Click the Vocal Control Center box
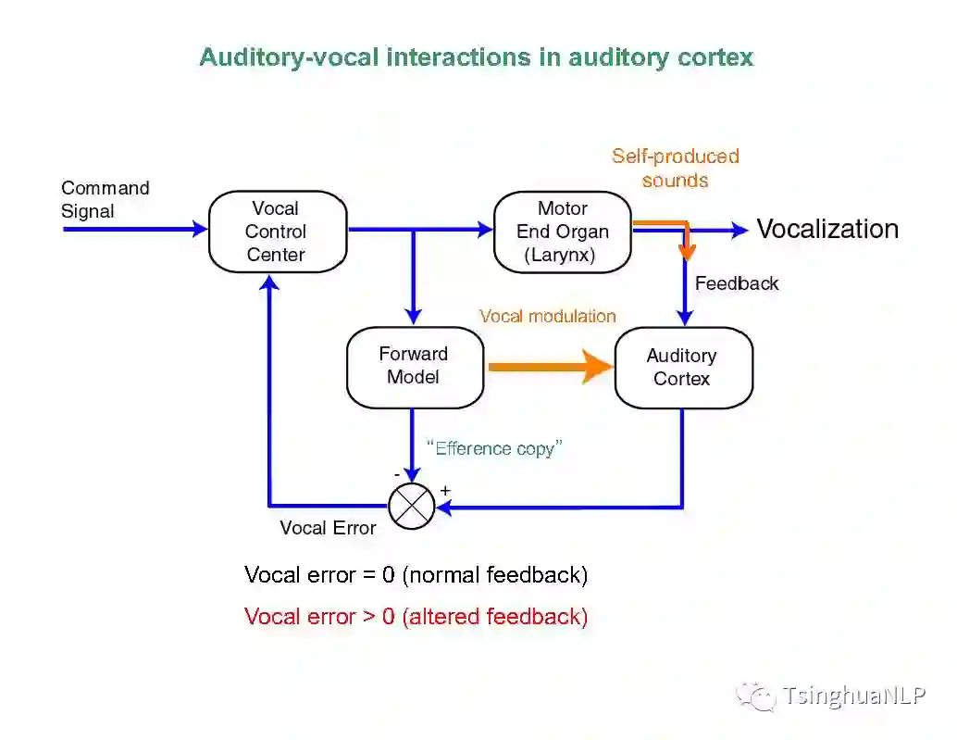pyautogui.click(x=277, y=232)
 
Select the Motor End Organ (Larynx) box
pyautogui.click(x=562, y=232)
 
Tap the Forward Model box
pyautogui.click(x=414, y=366)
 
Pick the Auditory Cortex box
pyautogui.click(x=682, y=367)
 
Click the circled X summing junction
pyautogui.click(x=411, y=506)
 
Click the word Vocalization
pyautogui.click(x=827, y=229)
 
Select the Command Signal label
pyautogui.click(x=105, y=199)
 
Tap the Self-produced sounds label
pyautogui.click(x=676, y=168)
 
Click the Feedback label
pyautogui.click(x=737, y=283)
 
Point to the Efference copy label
pyautogui.click(x=495, y=449)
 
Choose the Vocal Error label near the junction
pyautogui.click(x=328, y=528)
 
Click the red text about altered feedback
pyautogui.click(x=416, y=616)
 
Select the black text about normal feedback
pyautogui.click(x=416, y=574)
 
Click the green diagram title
pyautogui.click(x=477, y=56)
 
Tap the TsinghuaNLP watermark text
pyautogui.click(x=853, y=696)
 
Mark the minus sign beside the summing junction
pyautogui.click(x=397, y=474)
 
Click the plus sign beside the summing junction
pyautogui.click(x=445, y=490)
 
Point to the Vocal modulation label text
pyautogui.click(x=547, y=316)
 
